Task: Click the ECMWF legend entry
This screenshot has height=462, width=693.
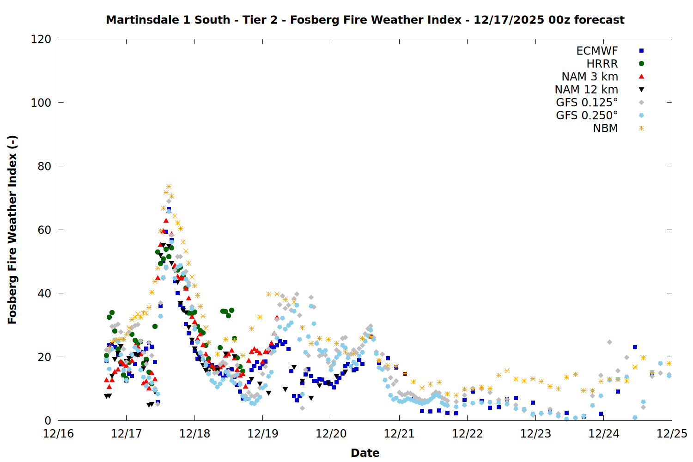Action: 597,51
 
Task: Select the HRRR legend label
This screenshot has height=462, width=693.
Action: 602,64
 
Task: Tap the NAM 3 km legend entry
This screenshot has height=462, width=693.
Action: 590,77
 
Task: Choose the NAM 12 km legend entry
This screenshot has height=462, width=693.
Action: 586,90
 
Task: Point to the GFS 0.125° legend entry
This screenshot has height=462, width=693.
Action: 587,103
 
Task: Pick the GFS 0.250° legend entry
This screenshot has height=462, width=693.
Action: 587,115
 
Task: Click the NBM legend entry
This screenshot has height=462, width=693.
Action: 605,128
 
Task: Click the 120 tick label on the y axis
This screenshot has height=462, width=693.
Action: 41,39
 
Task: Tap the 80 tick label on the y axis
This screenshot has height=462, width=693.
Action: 44,166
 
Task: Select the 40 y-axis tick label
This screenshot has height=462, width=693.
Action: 44,293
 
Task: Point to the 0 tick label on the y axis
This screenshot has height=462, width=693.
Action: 48,420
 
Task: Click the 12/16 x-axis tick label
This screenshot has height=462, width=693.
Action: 58,434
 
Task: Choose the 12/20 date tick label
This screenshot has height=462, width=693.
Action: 331,434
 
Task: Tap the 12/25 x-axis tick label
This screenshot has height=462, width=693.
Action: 672,434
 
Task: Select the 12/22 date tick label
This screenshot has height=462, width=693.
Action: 467,434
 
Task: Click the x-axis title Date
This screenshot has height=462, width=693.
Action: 365,453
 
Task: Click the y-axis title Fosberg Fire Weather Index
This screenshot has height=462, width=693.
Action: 12,230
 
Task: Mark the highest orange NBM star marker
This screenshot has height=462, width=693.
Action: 169,187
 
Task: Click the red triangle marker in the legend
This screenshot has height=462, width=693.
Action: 641,77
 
